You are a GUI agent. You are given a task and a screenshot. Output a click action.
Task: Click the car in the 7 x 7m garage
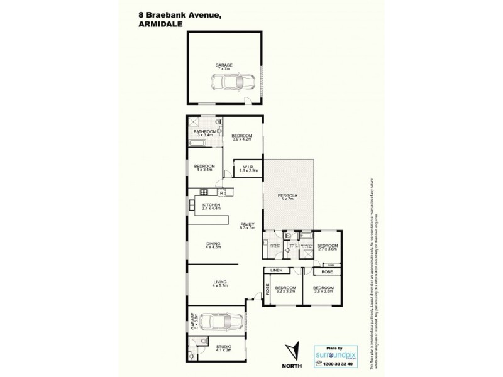(233, 81)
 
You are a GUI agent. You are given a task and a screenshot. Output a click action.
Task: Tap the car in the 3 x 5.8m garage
(221, 321)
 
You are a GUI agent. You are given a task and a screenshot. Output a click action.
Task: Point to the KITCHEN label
(210, 207)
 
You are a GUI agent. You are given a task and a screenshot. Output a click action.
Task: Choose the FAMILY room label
(246, 226)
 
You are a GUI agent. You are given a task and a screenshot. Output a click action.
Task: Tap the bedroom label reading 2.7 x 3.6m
(327, 248)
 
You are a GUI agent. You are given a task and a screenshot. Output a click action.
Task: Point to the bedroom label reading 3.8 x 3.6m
(324, 290)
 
